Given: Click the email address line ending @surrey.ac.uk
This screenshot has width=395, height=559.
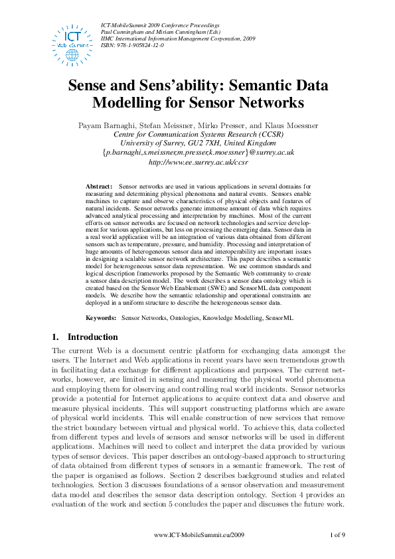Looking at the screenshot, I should coord(198,152).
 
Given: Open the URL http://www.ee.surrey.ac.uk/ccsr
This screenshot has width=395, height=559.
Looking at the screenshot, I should coord(198,161).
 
